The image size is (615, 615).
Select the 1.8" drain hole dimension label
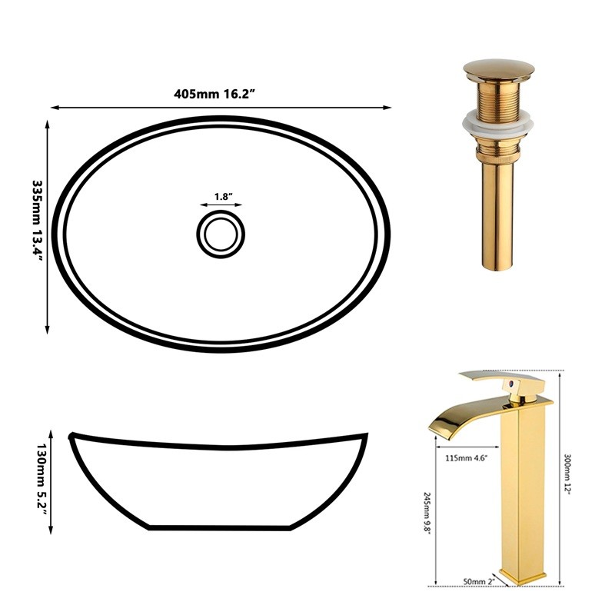224,197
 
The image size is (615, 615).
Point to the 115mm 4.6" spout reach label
467,457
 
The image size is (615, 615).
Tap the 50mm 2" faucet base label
479,581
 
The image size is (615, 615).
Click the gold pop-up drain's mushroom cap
498,71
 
